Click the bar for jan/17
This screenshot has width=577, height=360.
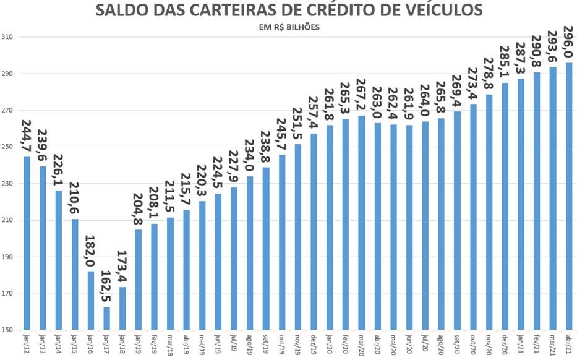(x=106, y=319)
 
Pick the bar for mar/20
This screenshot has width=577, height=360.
(x=362, y=223)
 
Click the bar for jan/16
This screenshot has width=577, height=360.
(x=91, y=301)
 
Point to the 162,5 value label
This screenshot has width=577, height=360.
(x=106, y=285)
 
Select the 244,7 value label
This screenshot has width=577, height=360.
(x=27, y=135)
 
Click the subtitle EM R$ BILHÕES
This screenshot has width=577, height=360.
(x=289, y=27)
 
